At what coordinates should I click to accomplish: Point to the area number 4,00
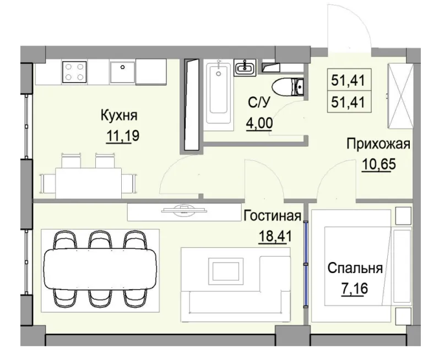258,122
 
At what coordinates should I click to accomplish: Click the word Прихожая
378,144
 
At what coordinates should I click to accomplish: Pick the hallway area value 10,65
378,164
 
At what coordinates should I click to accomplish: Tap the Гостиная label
272,215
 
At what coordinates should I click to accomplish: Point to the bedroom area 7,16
354,289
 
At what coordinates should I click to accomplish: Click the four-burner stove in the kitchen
75,72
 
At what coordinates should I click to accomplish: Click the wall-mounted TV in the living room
182,210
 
